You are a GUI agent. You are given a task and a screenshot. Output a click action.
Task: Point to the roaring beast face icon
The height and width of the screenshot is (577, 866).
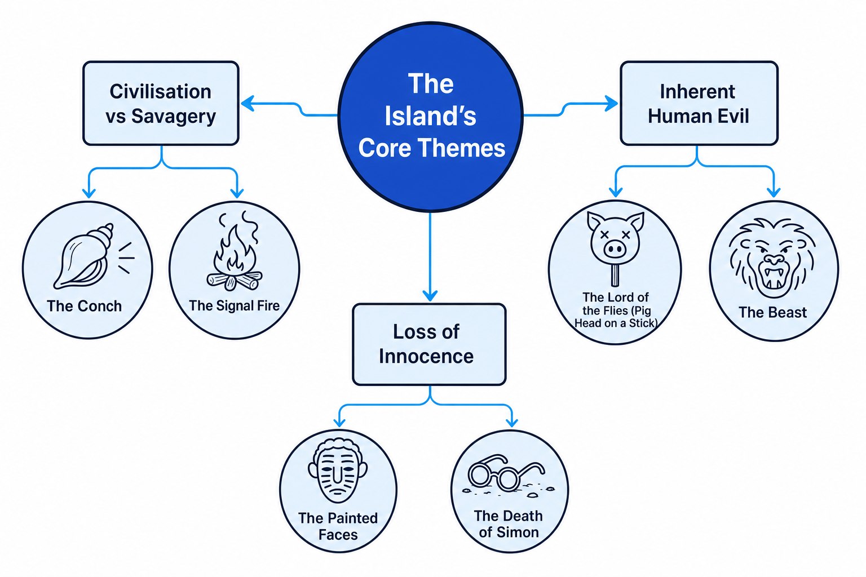773,258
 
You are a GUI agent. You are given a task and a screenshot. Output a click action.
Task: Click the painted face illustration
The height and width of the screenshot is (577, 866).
338,470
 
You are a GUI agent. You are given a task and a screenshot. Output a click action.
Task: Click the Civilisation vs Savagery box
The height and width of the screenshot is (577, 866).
161,103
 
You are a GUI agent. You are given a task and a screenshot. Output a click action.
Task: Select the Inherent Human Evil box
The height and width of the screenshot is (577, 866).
699,103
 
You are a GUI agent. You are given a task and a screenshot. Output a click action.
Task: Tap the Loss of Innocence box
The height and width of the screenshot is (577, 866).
429,344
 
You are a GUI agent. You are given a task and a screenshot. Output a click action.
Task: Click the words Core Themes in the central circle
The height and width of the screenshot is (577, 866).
431,148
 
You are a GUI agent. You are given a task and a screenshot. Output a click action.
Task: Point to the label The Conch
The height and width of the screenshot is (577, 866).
84,306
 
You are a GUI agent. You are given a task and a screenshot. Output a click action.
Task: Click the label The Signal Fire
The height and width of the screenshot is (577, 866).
235,306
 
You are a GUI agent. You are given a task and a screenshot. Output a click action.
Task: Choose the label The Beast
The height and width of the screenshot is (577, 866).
773,312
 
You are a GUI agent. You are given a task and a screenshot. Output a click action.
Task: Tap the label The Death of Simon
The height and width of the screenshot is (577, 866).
509,524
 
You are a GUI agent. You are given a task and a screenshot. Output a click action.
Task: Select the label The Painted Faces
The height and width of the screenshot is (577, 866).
338,526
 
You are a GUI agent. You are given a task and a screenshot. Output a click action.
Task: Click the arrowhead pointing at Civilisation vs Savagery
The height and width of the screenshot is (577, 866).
248,104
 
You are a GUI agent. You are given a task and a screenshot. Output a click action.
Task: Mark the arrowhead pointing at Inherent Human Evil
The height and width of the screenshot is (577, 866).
611,103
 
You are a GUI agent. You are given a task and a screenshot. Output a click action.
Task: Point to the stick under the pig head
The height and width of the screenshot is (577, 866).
616,276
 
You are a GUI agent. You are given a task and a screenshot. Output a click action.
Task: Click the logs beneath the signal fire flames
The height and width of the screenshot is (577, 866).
235,281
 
